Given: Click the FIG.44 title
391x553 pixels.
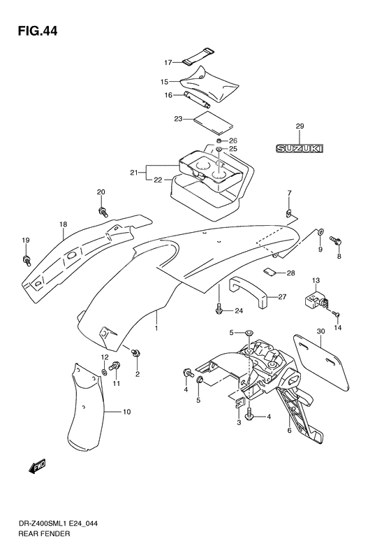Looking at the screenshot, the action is click(x=37, y=31).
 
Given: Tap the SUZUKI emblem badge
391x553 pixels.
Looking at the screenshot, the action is click(x=300, y=149).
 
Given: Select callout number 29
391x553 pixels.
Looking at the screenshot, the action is click(x=300, y=126).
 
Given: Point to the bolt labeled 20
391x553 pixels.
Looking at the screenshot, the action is click(x=103, y=212).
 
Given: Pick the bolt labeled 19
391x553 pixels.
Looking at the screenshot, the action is click(x=27, y=261).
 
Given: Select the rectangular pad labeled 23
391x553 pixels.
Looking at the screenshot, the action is click(x=214, y=123).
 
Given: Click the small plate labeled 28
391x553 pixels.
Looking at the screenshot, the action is click(x=269, y=272).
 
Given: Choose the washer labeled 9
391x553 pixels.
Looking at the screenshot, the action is click(x=321, y=231).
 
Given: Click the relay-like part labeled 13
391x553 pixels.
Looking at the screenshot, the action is click(x=316, y=299).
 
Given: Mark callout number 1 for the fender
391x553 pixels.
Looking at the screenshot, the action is click(x=156, y=329).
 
